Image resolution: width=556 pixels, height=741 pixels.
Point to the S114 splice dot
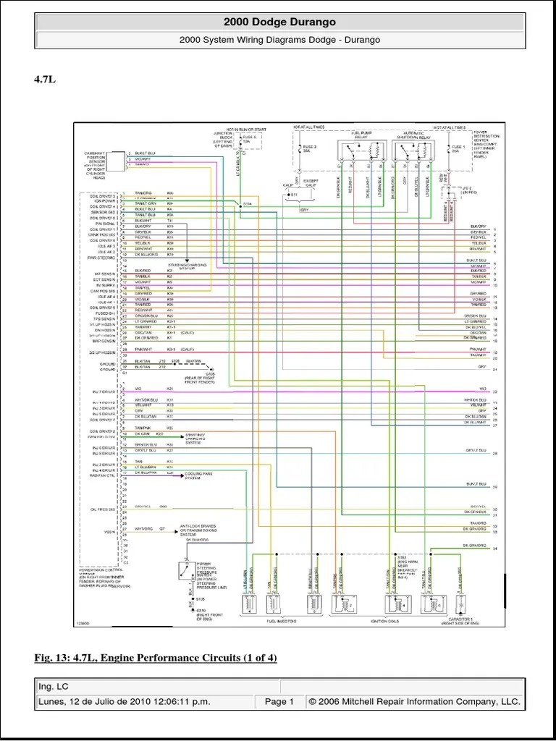click(x=240, y=204)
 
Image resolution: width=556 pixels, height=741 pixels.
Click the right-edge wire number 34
click(x=495, y=549)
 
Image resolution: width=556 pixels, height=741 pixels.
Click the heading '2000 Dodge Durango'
click(x=279, y=22)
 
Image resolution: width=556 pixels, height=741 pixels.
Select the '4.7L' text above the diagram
click(x=45, y=80)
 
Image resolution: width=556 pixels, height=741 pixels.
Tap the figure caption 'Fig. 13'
click(x=155, y=657)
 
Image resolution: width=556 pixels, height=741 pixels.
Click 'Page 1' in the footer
click(x=279, y=701)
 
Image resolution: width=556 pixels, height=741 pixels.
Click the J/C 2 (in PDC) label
click(x=468, y=190)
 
